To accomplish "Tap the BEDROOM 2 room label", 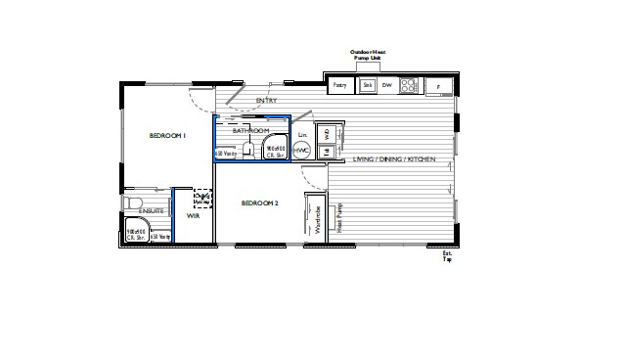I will (x=260, y=202).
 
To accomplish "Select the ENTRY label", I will (x=266, y=101).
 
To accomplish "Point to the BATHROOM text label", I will (x=250, y=130).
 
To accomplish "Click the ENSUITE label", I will (x=151, y=211).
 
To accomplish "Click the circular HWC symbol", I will (x=301, y=151).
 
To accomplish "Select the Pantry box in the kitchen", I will (x=340, y=86).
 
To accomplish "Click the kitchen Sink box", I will (x=368, y=86).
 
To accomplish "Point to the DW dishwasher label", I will (x=386, y=86).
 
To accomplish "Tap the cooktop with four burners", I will (x=408, y=86).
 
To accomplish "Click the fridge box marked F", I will (x=438, y=87).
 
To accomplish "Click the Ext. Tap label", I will (x=448, y=256).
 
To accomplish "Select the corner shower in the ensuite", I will (x=135, y=234).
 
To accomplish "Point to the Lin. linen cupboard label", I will (x=303, y=133).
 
